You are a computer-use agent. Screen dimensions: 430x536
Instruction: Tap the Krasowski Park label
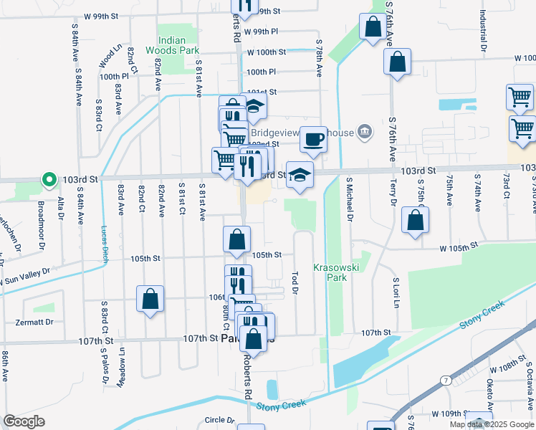tap(331, 272)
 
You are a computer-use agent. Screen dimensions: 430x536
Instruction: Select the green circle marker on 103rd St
tap(49, 179)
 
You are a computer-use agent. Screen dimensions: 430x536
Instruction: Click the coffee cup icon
tap(312, 138)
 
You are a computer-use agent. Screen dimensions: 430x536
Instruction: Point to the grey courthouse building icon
tap(365, 131)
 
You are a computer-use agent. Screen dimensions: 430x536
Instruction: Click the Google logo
tap(24, 421)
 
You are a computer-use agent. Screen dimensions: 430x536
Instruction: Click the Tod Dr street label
tap(295, 282)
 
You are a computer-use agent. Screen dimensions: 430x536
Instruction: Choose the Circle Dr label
tap(219, 420)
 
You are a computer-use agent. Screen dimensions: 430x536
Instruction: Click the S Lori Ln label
tap(395, 294)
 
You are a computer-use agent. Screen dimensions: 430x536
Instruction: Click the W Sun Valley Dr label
tap(25, 276)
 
